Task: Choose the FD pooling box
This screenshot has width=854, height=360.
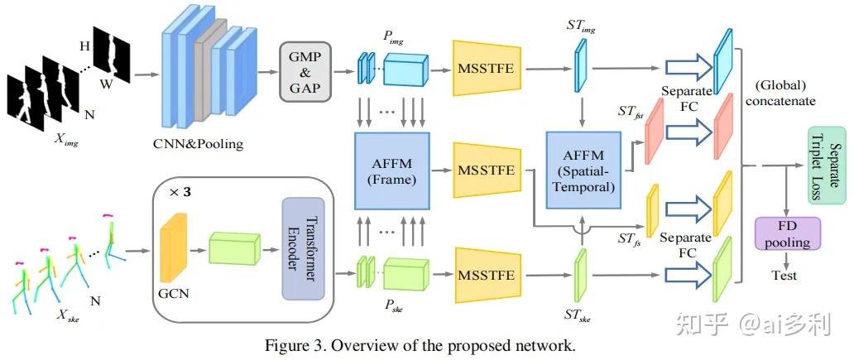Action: click(x=787, y=233)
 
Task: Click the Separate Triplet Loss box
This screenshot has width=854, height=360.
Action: click(x=825, y=165)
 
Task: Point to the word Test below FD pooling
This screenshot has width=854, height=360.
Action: click(x=784, y=275)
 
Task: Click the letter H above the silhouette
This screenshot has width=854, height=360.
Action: click(x=84, y=46)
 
